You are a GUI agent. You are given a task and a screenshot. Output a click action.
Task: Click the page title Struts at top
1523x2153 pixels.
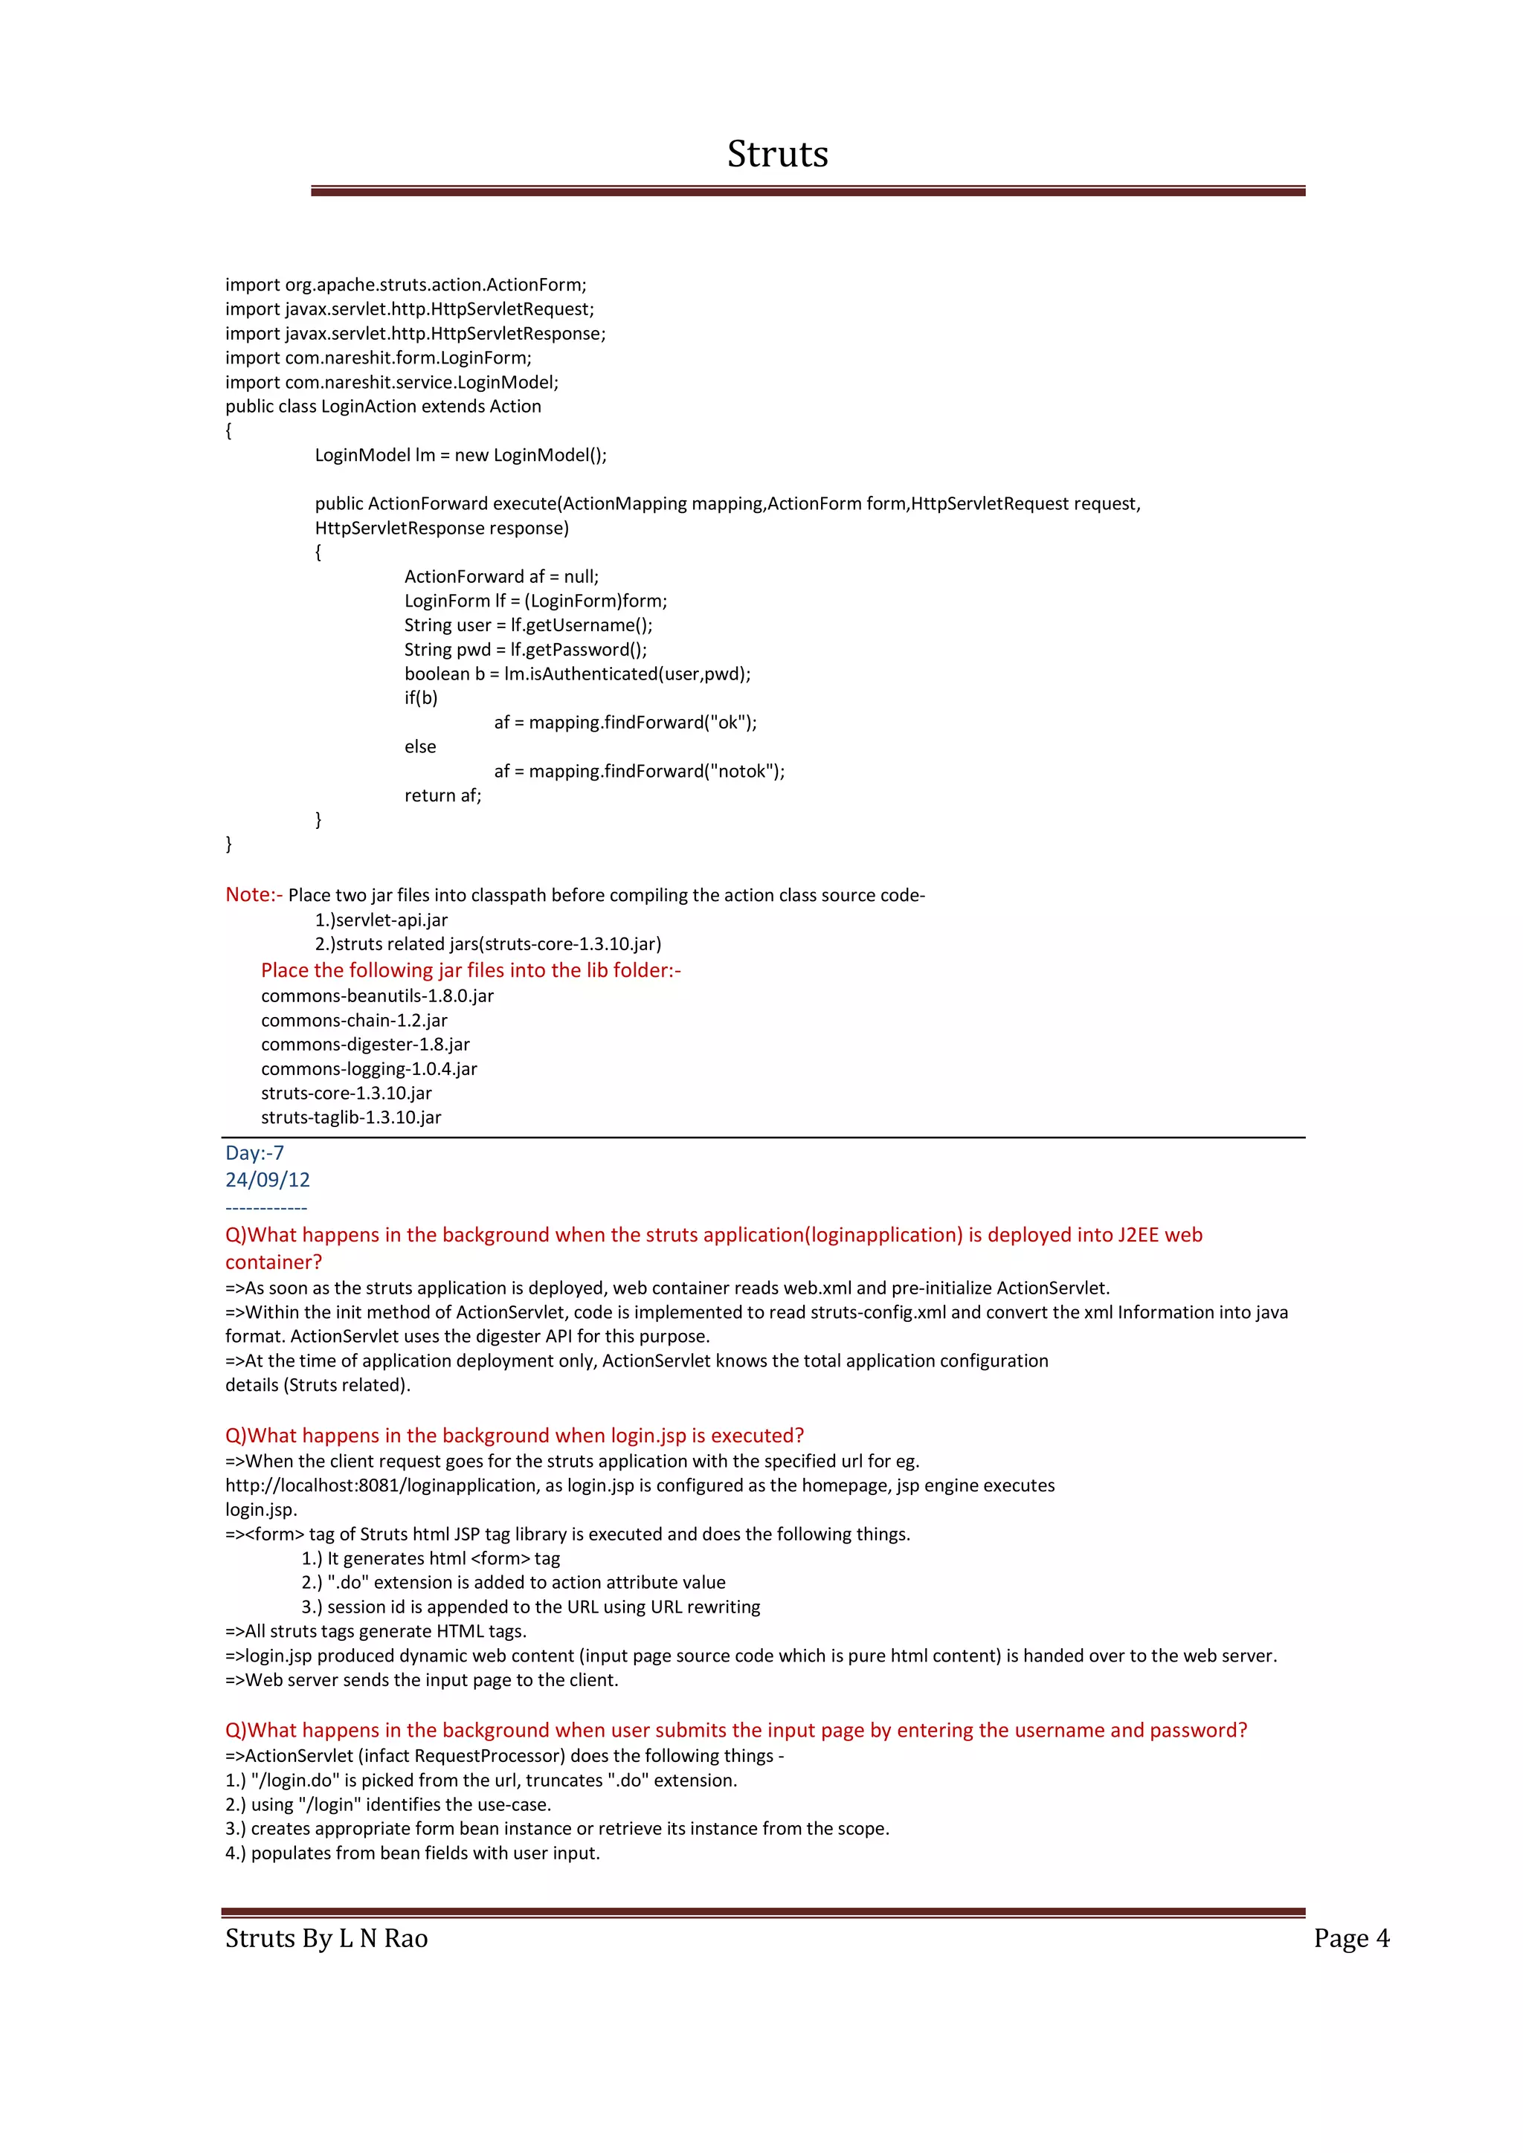pyautogui.click(x=776, y=154)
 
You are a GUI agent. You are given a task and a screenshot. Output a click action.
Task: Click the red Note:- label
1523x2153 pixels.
pyautogui.click(x=253, y=894)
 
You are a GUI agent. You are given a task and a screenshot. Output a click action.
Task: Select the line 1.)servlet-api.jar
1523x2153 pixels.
pyautogui.click(x=381, y=920)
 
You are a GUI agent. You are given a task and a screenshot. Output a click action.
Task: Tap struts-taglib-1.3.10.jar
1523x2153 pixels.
pyautogui.click(x=351, y=1117)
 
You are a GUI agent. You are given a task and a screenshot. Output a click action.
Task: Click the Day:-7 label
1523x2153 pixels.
pyautogui.click(x=254, y=1153)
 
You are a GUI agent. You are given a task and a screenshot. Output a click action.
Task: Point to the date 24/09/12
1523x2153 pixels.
pyautogui.click(x=267, y=1180)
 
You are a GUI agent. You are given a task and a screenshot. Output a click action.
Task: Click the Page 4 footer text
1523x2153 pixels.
pyautogui.click(x=1350, y=1938)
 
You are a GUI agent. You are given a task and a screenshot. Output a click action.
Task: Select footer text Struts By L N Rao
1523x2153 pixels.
pyautogui.click(x=326, y=1938)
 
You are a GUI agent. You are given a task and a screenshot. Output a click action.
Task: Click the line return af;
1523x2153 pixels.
pyautogui.click(x=442, y=795)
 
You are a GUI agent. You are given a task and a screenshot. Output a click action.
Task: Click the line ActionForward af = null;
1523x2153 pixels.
pyautogui.click(x=500, y=577)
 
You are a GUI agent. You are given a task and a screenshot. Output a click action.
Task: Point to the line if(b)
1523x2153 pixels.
pyautogui.click(x=421, y=697)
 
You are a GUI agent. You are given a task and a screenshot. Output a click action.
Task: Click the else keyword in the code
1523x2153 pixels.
pyautogui.click(x=420, y=746)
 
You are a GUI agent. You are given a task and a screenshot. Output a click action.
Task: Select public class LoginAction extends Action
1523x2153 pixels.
pyautogui.click(x=383, y=406)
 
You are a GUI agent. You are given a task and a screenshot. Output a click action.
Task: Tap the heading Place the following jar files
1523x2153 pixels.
pyautogui.click(x=471, y=970)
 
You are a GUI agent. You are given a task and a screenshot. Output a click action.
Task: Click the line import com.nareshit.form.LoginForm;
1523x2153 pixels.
pyautogui.click(x=378, y=358)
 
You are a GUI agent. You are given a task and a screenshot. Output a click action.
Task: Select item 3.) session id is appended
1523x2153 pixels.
pyautogui.click(x=530, y=1607)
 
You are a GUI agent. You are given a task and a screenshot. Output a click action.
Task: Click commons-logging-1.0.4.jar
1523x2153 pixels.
pyautogui.click(x=369, y=1069)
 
